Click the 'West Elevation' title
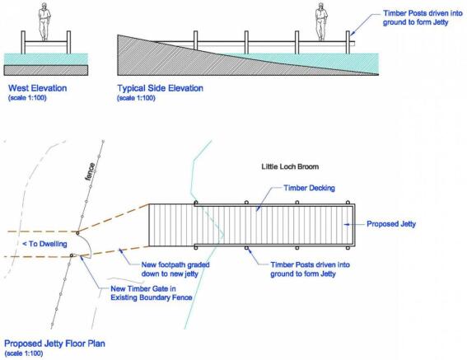[38, 88]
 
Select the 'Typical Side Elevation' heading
[161, 88]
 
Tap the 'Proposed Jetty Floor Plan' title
[55, 344]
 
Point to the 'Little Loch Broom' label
[290, 166]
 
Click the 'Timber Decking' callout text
[309, 188]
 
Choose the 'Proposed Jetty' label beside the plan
[391, 224]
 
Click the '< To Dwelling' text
[45, 244]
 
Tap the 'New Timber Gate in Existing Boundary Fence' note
[152, 293]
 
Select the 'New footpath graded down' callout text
[175, 269]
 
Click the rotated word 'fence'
[91, 171]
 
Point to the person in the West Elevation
[44, 21]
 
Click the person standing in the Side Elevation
[321, 21]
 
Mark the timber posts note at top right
[423, 18]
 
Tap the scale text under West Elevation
[27, 98]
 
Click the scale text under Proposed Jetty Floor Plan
[24, 353]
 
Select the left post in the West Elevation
[23, 42]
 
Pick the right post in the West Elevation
[69, 42]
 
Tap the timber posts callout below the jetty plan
[310, 269]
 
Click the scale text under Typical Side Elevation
[137, 98]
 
